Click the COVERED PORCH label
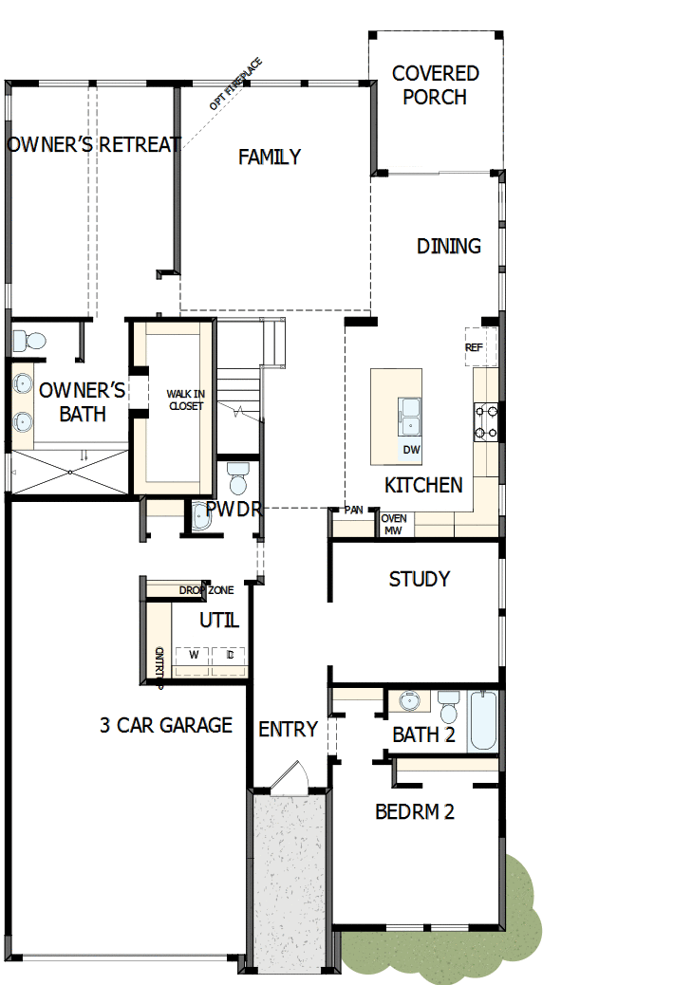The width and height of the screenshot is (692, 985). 435,84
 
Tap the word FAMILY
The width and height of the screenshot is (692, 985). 270,157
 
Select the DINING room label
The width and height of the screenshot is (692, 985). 449,246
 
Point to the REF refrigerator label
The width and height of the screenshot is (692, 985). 474,347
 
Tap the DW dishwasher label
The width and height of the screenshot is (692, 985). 411,450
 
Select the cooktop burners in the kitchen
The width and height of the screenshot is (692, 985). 486,422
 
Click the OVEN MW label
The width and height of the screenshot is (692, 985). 394,524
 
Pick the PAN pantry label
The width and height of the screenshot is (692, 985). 354,510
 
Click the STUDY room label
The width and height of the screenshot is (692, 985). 420,579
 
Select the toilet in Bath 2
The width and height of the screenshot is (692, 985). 448,707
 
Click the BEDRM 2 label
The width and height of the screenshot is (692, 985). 415,811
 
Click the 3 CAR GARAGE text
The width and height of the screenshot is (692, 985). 166,725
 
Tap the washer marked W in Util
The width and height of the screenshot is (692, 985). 193,655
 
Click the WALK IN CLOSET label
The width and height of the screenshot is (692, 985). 184,400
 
